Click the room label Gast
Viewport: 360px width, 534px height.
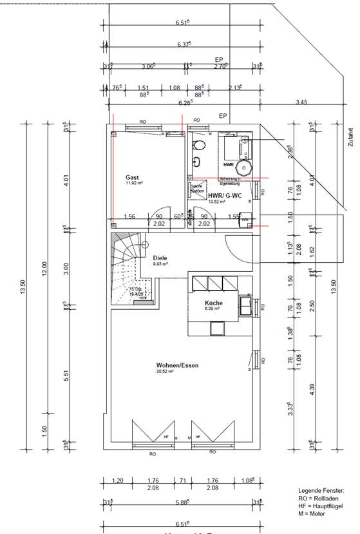point(132,176)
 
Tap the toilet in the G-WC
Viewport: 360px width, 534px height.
point(198,144)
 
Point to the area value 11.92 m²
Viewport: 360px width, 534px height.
point(134,183)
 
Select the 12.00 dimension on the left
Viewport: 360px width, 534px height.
point(44,264)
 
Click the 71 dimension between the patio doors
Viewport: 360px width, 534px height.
point(183,481)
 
